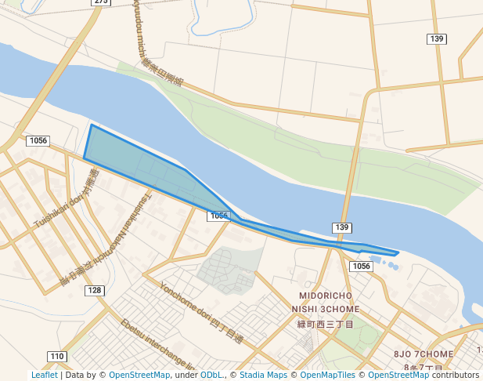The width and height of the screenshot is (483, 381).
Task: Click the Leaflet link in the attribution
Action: click(44, 375)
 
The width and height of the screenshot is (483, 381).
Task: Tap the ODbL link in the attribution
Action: click(211, 375)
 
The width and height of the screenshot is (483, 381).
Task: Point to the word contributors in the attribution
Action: click(456, 375)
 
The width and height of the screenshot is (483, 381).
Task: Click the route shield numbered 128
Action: click(94, 291)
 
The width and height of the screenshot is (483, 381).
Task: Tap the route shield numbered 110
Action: click(57, 357)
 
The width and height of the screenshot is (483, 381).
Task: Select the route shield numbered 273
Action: click(101, 2)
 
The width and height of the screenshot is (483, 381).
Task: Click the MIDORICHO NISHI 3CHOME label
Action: click(326, 303)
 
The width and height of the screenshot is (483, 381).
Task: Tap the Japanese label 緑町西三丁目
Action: click(326, 323)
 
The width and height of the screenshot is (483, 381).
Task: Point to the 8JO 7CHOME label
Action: click(424, 354)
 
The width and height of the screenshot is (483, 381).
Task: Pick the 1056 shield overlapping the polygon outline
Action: click(218, 216)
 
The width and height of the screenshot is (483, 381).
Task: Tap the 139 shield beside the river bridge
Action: click(341, 227)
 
